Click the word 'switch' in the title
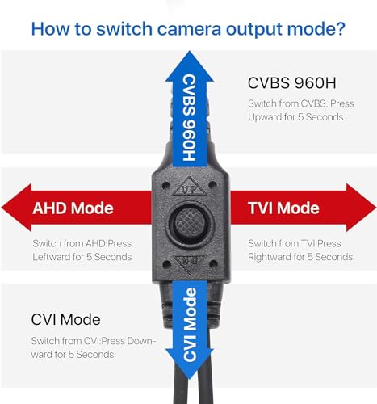point(124,28)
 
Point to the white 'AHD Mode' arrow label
point(73,208)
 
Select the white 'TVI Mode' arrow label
point(283,208)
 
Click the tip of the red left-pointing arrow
point(2,208)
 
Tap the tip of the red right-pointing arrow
point(376,208)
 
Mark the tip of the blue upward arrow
point(190,51)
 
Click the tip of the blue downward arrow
point(190,379)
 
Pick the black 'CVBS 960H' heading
point(292,82)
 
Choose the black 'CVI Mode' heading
point(66,320)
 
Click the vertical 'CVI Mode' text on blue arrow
point(190,324)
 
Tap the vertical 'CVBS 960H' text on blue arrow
point(190,118)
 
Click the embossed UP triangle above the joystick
point(190,187)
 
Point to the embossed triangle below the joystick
point(191,263)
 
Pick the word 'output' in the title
point(254,30)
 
